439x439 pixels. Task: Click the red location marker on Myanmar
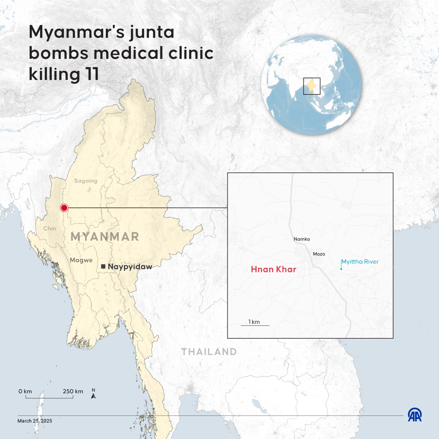(64, 208)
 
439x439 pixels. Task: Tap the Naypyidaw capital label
(130, 267)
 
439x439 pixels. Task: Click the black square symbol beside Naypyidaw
(103, 267)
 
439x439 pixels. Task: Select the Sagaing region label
(85, 181)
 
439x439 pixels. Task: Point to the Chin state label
(50, 229)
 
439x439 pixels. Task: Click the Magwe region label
(81, 260)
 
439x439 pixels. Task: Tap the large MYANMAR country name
(105, 237)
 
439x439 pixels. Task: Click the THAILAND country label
(209, 352)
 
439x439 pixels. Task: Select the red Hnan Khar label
(274, 269)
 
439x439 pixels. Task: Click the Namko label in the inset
(302, 239)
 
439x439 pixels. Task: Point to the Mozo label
(319, 254)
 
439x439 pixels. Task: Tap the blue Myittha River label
(360, 262)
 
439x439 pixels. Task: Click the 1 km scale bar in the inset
(255, 325)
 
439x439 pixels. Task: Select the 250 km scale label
(73, 391)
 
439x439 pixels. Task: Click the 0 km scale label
(25, 391)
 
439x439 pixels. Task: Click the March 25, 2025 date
(34, 421)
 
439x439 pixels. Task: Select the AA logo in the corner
(415, 415)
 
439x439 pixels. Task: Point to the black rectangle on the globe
(312, 86)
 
